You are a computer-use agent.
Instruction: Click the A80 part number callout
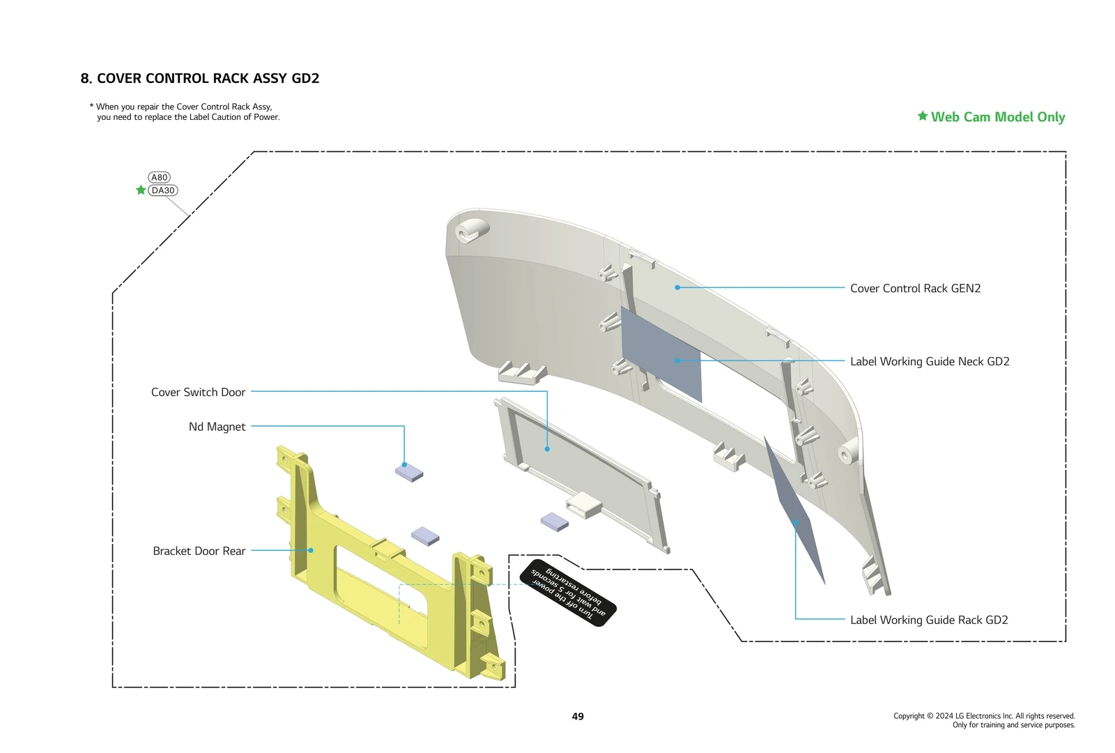(x=159, y=177)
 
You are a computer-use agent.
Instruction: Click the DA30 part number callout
(x=163, y=190)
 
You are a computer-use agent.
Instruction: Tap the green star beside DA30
(x=141, y=190)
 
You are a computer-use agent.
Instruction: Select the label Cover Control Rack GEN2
(x=915, y=289)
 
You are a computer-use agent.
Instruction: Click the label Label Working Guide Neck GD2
(x=930, y=362)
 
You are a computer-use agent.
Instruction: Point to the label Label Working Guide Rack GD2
(x=929, y=621)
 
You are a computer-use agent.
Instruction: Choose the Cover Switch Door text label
(x=198, y=393)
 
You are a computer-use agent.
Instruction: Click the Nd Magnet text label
(x=217, y=427)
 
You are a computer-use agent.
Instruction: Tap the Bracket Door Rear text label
(x=199, y=552)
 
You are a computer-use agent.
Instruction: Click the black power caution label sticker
(x=568, y=593)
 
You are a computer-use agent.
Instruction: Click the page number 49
(x=578, y=717)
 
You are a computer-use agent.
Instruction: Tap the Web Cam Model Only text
(x=997, y=117)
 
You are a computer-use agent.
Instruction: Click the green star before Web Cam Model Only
(x=922, y=116)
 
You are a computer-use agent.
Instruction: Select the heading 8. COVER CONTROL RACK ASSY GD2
(x=200, y=79)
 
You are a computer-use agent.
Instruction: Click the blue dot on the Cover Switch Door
(x=547, y=449)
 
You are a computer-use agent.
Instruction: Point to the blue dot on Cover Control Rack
(x=677, y=287)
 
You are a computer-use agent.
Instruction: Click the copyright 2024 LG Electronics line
(x=984, y=716)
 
